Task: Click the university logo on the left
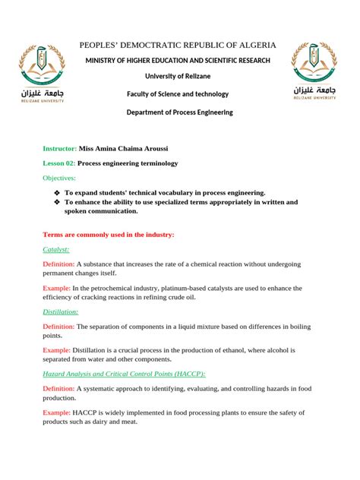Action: click(42, 73)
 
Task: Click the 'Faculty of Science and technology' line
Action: click(177, 94)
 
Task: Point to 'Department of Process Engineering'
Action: click(179, 112)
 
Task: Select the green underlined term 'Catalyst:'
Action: click(56, 249)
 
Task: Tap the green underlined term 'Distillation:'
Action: click(61, 311)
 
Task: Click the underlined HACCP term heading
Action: click(124, 374)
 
